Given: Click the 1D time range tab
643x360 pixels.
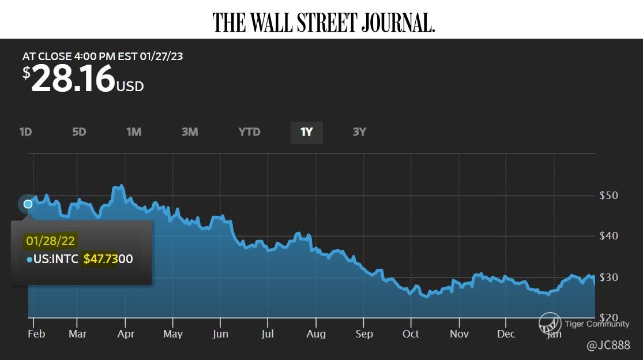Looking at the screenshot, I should (x=25, y=132).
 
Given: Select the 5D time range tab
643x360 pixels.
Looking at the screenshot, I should (x=79, y=132).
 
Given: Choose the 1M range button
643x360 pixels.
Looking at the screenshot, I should (x=134, y=132).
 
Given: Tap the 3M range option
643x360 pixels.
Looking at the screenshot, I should (x=190, y=132).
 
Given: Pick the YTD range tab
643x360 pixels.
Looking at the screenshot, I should (x=249, y=132).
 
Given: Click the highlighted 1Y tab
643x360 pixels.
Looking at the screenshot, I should (x=306, y=132).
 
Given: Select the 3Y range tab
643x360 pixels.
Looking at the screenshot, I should (x=359, y=132).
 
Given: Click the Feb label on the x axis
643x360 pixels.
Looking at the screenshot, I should (x=36, y=334).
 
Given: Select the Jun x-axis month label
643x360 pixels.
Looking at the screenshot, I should (x=220, y=334).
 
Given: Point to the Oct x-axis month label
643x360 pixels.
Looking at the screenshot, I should (x=411, y=334).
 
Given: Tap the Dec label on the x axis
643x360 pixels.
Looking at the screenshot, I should (x=506, y=334).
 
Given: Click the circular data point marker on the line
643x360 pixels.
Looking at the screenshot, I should (x=28, y=204).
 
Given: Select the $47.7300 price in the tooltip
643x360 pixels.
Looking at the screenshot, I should (x=108, y=259).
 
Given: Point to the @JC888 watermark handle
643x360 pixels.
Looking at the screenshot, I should (x=608, y=345).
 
